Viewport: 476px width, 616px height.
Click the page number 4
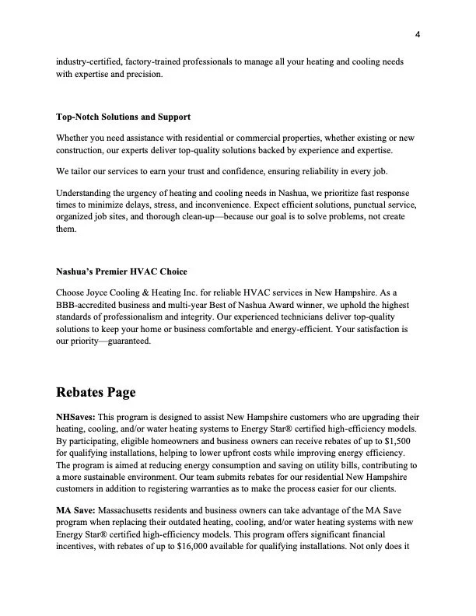(x=418, y=34)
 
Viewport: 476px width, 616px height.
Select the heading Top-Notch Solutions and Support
(x=123, y=117)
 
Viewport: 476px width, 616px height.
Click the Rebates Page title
(x=96, y=393)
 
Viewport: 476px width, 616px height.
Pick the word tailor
(x=86, y=171)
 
